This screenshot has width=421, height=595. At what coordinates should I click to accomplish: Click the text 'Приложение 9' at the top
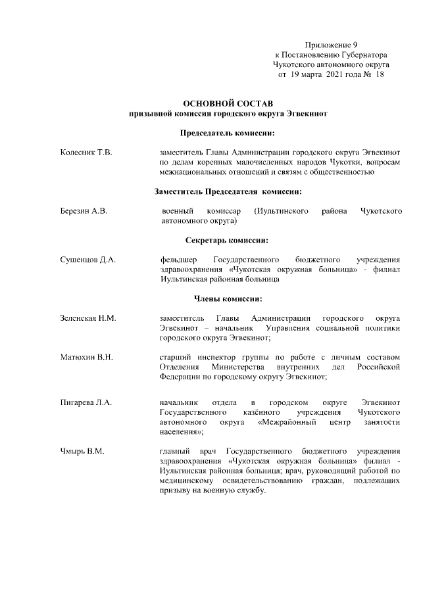332,44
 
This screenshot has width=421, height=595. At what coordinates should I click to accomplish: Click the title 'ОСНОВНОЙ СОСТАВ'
228,104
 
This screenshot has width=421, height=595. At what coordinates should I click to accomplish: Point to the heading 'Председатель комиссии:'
228,133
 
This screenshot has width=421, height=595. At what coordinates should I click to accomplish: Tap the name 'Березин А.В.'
84,211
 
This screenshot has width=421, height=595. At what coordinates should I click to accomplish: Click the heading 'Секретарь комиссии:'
228,240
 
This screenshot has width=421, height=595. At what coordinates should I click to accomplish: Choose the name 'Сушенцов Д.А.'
88,260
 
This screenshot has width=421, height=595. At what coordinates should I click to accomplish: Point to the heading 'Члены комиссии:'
228,298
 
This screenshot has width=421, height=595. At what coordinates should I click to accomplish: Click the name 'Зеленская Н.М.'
88,318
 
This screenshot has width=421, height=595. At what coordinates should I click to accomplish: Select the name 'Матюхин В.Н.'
87,357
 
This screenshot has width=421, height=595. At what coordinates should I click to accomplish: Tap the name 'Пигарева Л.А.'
86,401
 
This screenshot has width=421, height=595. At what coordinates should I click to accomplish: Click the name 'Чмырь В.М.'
82,452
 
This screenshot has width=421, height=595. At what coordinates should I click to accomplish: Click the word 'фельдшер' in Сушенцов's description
178,260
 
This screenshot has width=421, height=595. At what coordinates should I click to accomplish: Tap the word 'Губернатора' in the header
364,55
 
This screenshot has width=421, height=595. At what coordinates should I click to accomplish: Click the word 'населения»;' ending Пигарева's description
181,431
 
